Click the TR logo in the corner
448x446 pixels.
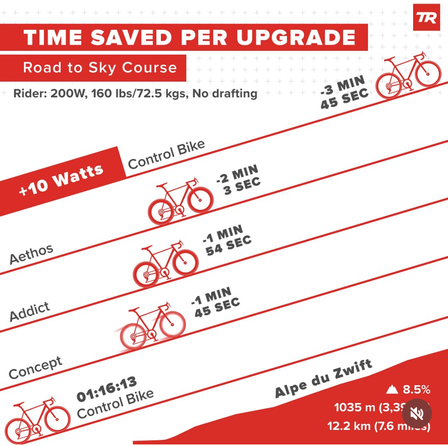pos(427,18)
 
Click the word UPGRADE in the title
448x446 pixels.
pos(296,38)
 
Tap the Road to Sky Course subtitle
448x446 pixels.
pos(100,68)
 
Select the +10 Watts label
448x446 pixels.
pos(61,180)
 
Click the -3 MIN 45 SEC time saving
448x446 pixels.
pos(344,92)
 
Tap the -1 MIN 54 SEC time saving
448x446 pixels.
pos(227,240)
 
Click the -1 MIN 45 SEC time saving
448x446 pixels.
pos(216,302)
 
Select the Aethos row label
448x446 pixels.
pos(31,254)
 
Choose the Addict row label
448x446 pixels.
pos(29,311)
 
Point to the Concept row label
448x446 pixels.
pos(35,367)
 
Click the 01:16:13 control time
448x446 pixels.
pos(107,389)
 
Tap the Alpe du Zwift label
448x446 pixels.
pos(324,379)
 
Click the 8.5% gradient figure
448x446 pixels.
pos(416,390)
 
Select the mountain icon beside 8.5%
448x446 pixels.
pos(392,390)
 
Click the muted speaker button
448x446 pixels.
pos(417,413)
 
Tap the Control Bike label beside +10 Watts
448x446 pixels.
pos(166,154)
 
